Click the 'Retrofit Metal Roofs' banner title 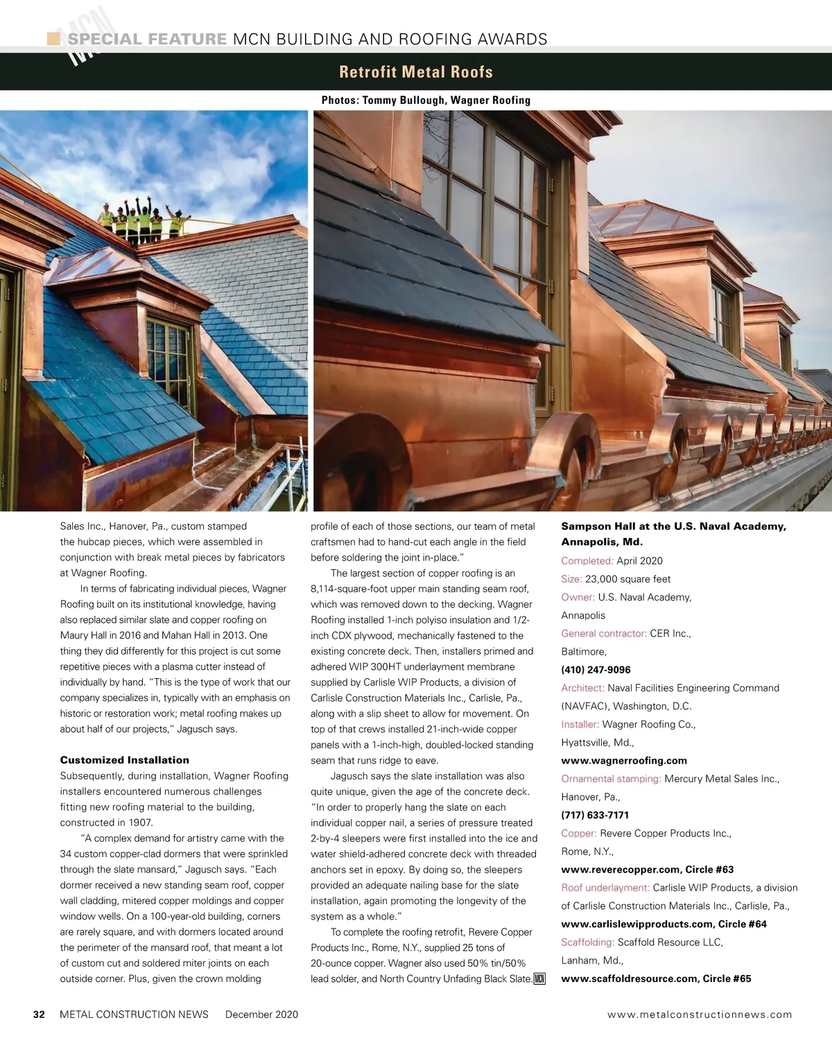pyautogui.click(x=416, y=72)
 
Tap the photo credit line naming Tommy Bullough pyautogui.click(x=426, y=101)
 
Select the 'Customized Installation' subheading pyautogui.click(x=125, y=760)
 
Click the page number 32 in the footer pyautogui.click(x=40, y=1015)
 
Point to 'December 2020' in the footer pyautogui.click(x=261, y=1015)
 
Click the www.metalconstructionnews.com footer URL pyautogui.click(x=700, y=1015)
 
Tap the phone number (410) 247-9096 pyautogui.click(x=596, y=670)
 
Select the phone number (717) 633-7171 pyautogui.click(x=595, y=815)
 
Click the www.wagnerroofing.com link pyautogui.click(x=624, y=761)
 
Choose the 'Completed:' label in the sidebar pyautogui.click(x=587, y=561)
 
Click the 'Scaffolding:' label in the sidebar pyautogui.click(x=588, y=942)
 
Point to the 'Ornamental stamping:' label pyautogui.click(x=611, y=779)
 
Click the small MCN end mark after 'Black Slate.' pyautogui.click(x=540, y=979)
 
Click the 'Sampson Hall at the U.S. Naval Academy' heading pyautogui.click(x=673, y=526)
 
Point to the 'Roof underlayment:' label pyautogui.click(x=605, y=888)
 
